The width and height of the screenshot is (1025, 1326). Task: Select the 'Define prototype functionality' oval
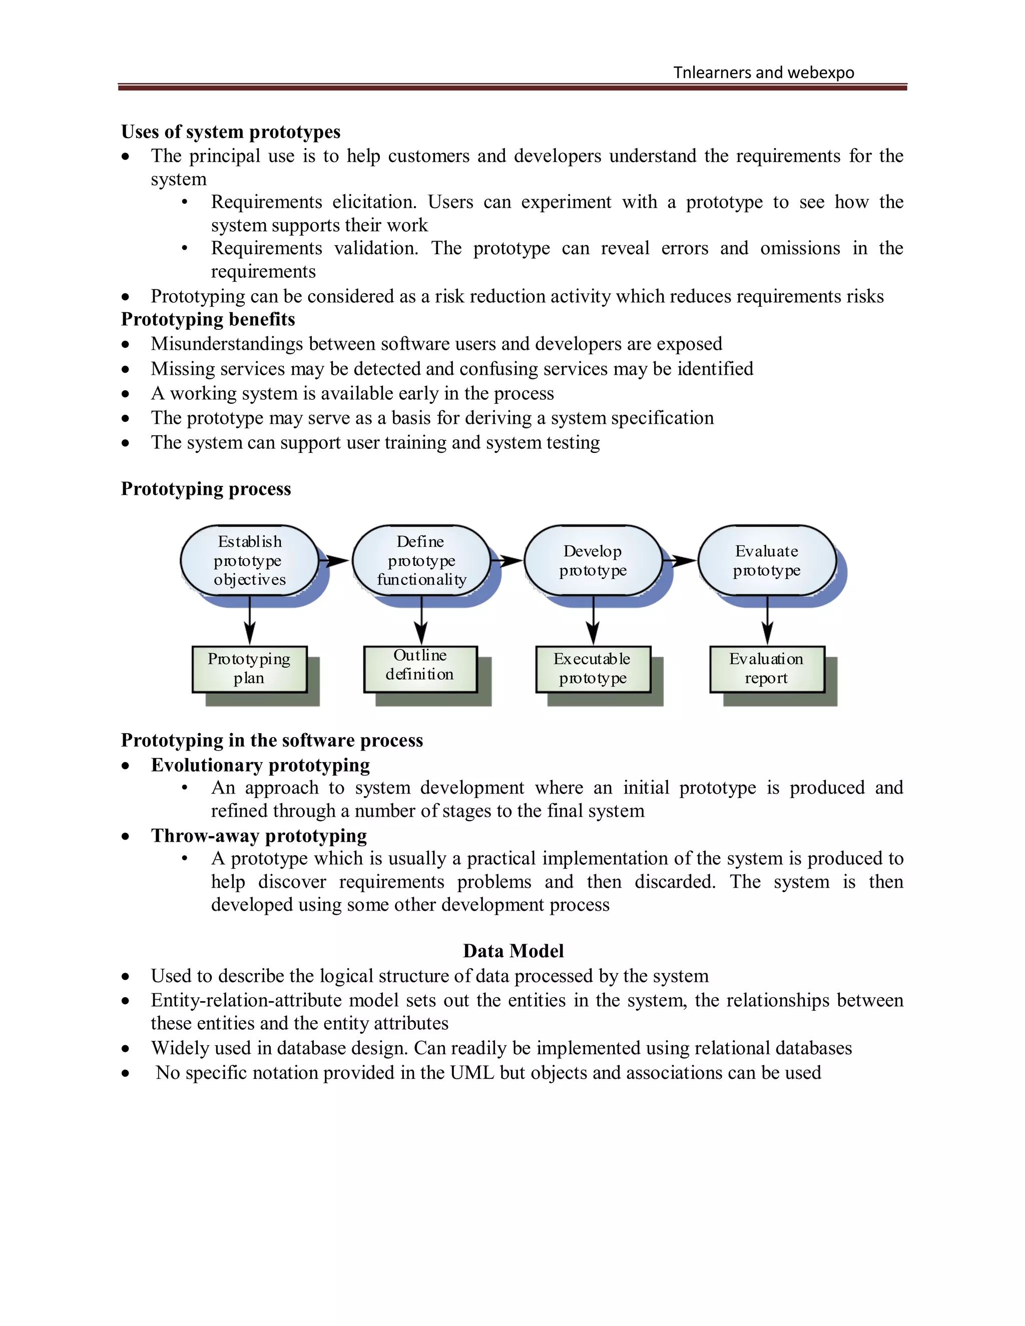click(421, 560)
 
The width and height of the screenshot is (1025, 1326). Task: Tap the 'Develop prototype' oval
click(593, 560)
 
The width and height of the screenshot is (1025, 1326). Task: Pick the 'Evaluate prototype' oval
click(767, 560)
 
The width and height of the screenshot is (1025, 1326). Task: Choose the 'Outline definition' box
click(420, 669)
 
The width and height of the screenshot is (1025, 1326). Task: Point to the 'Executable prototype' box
click(593, 669)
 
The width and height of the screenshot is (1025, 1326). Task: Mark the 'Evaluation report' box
click(767, 669)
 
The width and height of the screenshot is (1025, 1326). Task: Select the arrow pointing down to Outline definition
click(421, 620)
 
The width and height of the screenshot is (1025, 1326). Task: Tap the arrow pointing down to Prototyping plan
click(250, 620)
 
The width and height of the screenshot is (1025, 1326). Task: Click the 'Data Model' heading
click(513, 951)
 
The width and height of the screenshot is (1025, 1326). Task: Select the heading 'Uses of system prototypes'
click(231, 132)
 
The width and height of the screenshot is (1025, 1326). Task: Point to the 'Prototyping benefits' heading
click(208, 319)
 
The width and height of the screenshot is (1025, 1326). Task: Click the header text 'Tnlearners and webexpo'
click(763, 73)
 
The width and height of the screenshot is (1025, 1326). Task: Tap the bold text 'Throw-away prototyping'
click(259, 836)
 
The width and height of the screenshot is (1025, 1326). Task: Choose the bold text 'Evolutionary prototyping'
click(260, 765)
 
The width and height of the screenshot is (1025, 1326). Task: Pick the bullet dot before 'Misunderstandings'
click(126, 345)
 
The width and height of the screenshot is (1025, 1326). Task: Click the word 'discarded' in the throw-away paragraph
click(674, 882)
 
